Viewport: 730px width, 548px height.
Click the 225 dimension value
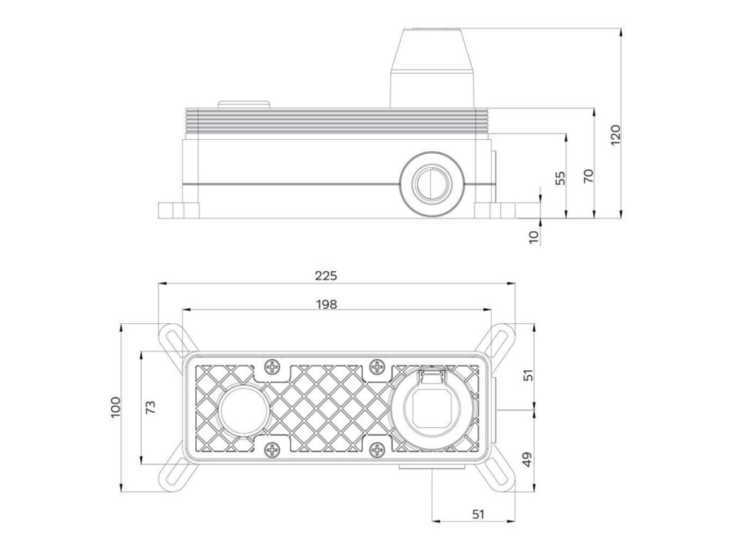point(325,275)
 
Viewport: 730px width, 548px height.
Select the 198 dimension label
point(325,304)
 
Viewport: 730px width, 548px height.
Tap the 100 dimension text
point(116,407)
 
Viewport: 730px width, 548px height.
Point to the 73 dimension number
point(150,407)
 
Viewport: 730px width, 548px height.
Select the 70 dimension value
point(589,176)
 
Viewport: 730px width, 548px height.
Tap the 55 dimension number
point(560,178)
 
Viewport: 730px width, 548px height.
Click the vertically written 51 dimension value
point(528,376)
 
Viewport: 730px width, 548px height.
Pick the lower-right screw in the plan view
point(379,450)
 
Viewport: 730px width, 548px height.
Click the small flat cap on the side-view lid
point(245,104)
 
